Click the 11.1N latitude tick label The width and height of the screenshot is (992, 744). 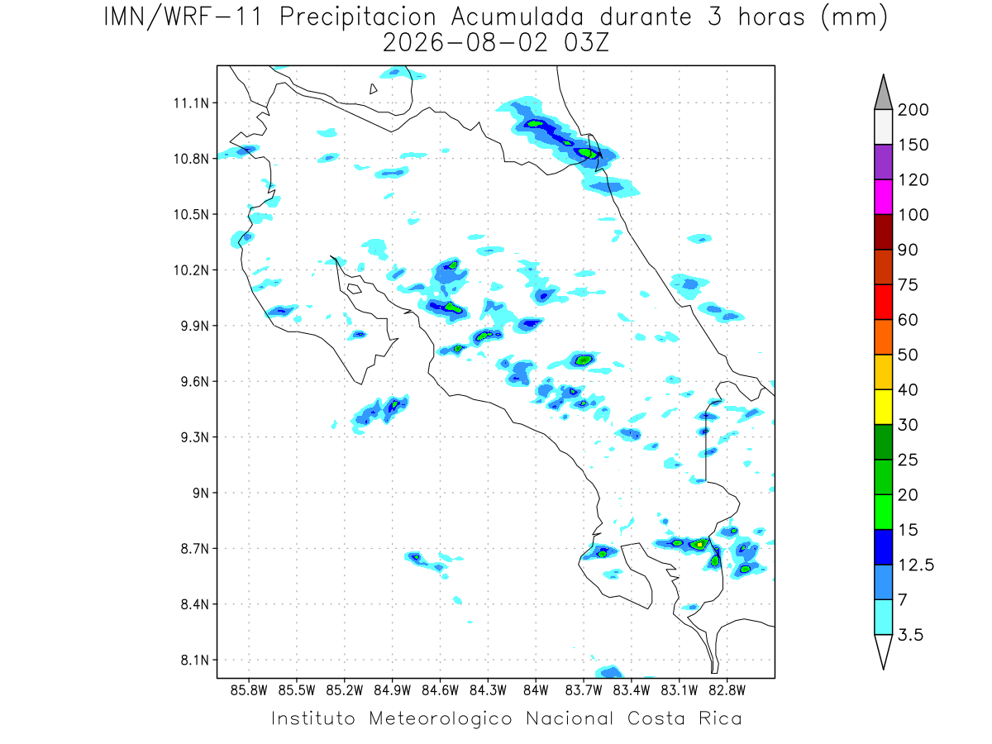[x=191, y=103]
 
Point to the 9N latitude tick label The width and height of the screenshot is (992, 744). [x=201, y=493]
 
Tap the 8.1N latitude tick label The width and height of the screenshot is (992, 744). [x=195, y=660]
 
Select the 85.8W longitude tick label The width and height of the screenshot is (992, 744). [x=249, y=691]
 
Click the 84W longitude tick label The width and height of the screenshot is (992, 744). [x=536, y=691]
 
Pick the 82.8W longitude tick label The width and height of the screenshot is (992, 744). [x=727, y=691]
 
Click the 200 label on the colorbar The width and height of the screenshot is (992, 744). [x=913, y=110]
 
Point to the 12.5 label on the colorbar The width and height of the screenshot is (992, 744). [x=916, y=565]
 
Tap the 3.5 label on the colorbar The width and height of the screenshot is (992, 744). [x=910, y=635]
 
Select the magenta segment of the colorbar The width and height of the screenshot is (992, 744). [x=884, y=197]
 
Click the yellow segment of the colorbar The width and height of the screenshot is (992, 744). [x=884, y=407]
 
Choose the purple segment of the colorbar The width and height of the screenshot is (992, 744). [x=884, y=162]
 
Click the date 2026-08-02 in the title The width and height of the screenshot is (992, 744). [x=465, y=44]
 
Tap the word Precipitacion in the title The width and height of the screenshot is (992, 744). [x=358, y=17]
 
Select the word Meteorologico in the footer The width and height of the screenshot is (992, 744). [x=440, y=719]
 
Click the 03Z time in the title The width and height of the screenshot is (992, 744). [x=586, y=44]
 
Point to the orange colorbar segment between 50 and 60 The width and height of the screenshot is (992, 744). [x=884, y=337]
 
